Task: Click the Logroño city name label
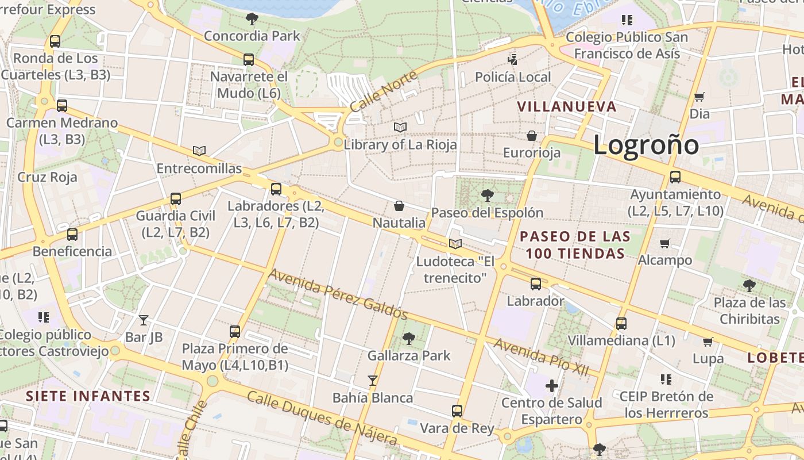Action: tap(646, 144)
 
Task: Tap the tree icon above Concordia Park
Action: tap(252, 19)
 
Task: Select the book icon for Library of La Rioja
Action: tap(400, 127)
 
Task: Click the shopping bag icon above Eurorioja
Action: tap(532, 136)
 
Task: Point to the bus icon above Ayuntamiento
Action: tap(675, 177)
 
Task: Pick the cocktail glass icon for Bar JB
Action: tap(144, 320)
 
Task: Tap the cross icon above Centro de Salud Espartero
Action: tap(552, 385)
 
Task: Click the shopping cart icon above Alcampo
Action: tap(665, 243)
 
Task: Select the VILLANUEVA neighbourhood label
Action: tap(567, 106)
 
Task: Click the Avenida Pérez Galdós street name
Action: tap(338, 294)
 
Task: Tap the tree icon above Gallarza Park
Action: tap(409, 339)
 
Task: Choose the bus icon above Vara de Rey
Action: tap(457, 411)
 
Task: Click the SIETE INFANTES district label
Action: tap(88, 396)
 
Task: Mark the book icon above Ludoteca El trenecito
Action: tap(455, 244)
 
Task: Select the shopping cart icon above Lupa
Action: tap(708, 342)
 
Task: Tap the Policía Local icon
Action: tap(513, 59)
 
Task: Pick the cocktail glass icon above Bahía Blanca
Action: tap(373, 380)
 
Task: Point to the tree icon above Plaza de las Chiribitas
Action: tap(749, 285)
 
